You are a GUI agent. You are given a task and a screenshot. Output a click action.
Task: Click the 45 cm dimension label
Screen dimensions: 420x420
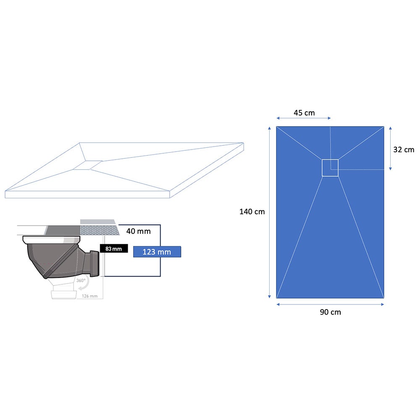pyautogui.click(x=304, y=113)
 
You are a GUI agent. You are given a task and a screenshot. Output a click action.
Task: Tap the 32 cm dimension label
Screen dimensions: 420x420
pyautogui.click(x=404, y=150)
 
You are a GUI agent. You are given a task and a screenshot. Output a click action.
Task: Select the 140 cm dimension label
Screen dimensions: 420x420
pyautogui.click(x=252, y=212)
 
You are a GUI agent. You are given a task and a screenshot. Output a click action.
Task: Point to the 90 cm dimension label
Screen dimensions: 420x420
pyautogui.click(x=330, y=312)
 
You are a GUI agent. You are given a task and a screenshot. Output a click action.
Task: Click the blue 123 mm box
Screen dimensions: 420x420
pyautogui.click(x=157, y=252)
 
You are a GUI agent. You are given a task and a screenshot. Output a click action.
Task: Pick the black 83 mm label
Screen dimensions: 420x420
pyautogui.click(x=114, y=249)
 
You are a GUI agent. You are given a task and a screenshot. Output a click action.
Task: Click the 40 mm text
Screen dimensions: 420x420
pyautogui.click(x=139, y=231)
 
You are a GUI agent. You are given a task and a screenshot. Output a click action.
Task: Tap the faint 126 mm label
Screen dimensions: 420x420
pyautogui.click(x=90, y=296)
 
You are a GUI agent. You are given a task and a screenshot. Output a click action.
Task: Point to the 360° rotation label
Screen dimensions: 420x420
pyautogui.click(x=81, y=281)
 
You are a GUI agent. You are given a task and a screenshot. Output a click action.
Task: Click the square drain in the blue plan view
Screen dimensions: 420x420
pyautogui.click(x=330, y=168)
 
